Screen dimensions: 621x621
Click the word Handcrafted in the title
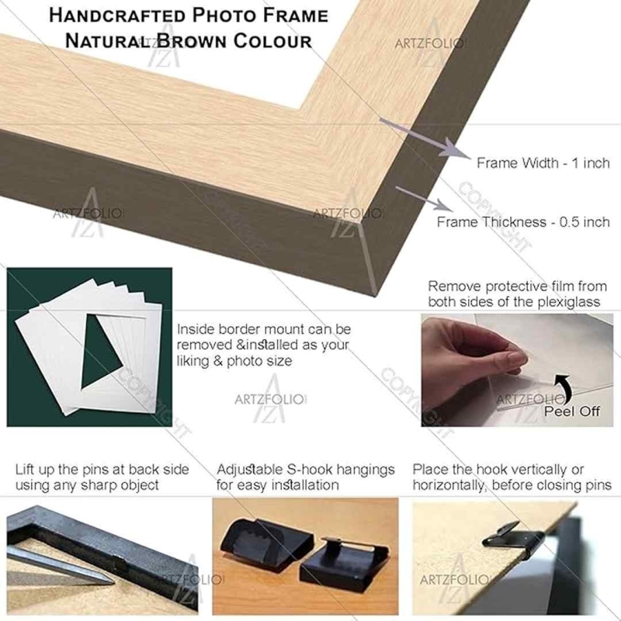[117, 16]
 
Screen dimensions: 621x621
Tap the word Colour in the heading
[272, 41]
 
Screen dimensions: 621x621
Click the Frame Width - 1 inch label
[543, 163]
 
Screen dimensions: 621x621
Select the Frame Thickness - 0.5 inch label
[523, 222]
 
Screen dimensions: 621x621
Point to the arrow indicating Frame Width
[424, 138]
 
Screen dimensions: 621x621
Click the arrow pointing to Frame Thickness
[425, 199]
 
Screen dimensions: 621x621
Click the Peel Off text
[571, 411]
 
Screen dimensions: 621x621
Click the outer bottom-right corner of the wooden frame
[376, 296]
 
